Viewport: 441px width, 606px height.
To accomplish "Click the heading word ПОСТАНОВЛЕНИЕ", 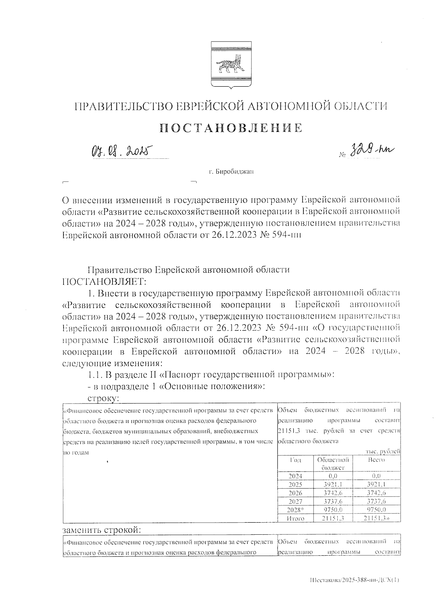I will [x=231, y=128].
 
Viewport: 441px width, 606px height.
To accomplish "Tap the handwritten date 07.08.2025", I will [x=120, y=151].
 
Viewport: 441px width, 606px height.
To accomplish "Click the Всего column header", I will [x=376, y=460].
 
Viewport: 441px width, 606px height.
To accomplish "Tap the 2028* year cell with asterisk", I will [x=296, y=510].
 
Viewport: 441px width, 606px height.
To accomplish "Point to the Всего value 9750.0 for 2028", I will [x=376, y=510].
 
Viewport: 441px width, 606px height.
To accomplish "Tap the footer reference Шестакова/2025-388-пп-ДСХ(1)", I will [x=354, y=580].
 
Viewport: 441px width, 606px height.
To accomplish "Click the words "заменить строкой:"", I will [x=102, y=530].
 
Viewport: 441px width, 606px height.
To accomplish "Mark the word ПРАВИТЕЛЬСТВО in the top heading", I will [x=123, y=107].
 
